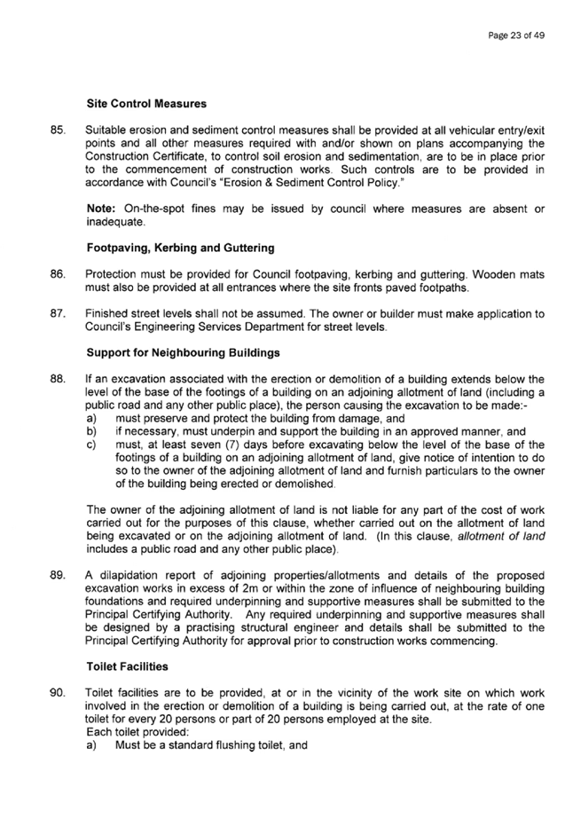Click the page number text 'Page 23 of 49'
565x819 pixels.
(516, 35)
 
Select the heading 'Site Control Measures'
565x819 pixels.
(146, 104)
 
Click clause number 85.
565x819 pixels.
(58, 130)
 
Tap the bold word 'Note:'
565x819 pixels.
(101, 209)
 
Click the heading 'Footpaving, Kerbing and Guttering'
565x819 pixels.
(180, 248)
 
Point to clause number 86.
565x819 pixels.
(58, 274)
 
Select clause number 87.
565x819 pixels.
(58, 314)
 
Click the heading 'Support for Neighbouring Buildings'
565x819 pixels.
(183, 352)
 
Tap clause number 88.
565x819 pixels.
(58, 379)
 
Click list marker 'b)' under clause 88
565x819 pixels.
(91, 432)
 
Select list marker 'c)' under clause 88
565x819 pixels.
(91, 445)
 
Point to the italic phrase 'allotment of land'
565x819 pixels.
(501, 537)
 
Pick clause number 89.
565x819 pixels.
(58, 576)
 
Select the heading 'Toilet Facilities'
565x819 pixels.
(128, 666)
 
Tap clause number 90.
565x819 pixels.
(58, 693)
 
